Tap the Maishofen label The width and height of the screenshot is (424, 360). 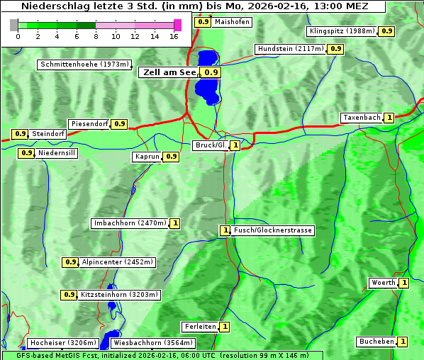232,22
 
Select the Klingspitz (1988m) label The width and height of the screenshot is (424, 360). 342,31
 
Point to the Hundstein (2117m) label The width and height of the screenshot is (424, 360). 291,49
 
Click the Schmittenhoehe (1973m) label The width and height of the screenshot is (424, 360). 84,64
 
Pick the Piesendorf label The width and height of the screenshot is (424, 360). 89,124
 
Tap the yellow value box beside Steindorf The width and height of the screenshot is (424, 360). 20,134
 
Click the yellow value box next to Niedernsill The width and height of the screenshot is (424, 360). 26,152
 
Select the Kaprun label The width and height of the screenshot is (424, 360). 147,157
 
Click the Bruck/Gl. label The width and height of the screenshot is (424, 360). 211,145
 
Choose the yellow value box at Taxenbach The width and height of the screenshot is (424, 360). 389,118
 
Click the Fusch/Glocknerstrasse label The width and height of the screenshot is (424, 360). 273,230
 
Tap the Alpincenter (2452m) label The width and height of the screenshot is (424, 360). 117,262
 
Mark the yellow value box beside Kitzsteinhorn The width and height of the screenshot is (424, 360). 69,295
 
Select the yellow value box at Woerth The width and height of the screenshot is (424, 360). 403,283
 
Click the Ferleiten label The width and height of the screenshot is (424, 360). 199,327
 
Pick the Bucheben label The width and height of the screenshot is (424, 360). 376,342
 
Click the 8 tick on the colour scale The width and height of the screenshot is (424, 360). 95,35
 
